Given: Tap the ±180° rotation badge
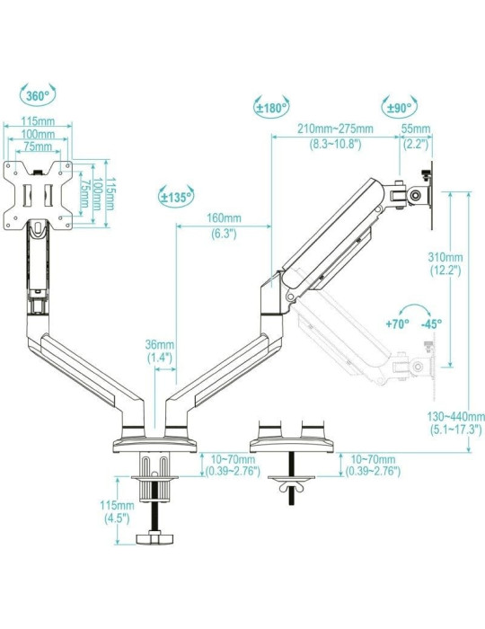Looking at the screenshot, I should pyautogui.click(x=271, y=108).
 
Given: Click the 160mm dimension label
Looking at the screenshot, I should pyautogui.click(x=224, y=218).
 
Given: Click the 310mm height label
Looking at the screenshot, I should pyautogui.click(x=446, y=255).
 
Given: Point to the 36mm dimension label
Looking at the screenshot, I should pyautogui.click(x=160, y=344).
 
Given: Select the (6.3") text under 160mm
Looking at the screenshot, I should pyautogui.click(x=224, y=233).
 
